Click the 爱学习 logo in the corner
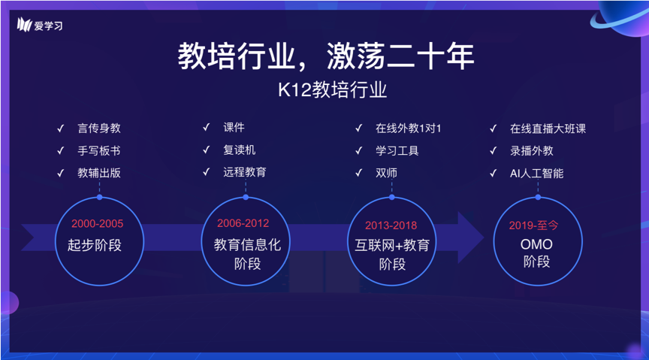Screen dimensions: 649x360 tap(40, 26)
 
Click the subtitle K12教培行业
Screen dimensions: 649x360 tap(332, 90)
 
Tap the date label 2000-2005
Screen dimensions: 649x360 tap(97, 224)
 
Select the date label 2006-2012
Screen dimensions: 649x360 tap(243, 223)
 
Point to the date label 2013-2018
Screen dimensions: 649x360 tap(391, 225)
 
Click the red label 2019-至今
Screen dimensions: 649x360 tap(533, 225)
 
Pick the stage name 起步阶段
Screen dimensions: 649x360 tap(95, 245)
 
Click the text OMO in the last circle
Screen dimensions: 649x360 tap(536, 244)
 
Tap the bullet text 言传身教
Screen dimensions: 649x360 tap(99, 128)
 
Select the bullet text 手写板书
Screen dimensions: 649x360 tap(99, 150)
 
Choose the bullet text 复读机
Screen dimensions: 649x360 tap(239, 150)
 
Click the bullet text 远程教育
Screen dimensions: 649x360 tap(245, 172)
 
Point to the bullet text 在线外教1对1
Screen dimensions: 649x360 tap(408, 129)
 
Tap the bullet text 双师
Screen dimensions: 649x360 tap(386, 173)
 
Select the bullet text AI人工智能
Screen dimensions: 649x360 tap(536, 173)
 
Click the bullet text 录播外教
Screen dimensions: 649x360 tap(532, 151)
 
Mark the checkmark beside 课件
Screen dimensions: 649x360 tap(206, 127)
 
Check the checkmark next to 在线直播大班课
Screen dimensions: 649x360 tap(493, 129)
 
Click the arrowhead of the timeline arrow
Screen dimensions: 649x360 tap(471, 237)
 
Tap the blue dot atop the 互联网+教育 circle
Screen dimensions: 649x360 tap(391, 198)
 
